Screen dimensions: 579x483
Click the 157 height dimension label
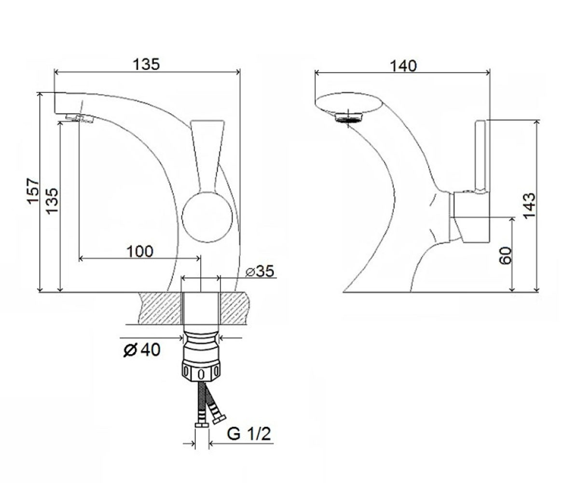(x=33, y=191)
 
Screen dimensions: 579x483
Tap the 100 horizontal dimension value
(x=140, y=252)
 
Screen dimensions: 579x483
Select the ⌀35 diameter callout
(x=260, y=271)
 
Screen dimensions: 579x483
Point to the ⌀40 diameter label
(x=142, y=350)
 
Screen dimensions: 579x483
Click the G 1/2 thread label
(x=249, y=433)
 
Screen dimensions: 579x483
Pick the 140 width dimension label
(x=403, y=66)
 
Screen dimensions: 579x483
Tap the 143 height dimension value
(x=529, y=205)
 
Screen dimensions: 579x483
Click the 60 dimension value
(x=505, y=256)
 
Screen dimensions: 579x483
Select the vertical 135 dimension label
(x=52, y=201)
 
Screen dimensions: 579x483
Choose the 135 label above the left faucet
(x=146, y=64)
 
